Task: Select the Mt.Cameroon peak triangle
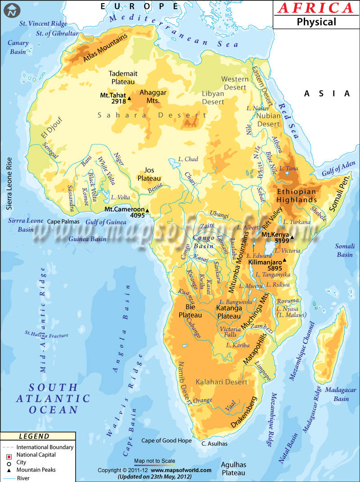pos(147,210)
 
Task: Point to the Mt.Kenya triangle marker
pos(292,237)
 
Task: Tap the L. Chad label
pos(188,159)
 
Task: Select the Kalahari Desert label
pos(221,382)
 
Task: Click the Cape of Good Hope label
pos(166,441)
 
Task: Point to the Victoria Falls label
pos(230,332)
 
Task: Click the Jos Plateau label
pos(149,174)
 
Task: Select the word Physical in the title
pos(315,22)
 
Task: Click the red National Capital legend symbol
pos(8,455)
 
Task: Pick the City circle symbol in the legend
pos(8,462)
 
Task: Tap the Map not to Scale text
pos(154,461)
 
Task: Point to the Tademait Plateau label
pos(123,77)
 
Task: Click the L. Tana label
pos(287,168)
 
